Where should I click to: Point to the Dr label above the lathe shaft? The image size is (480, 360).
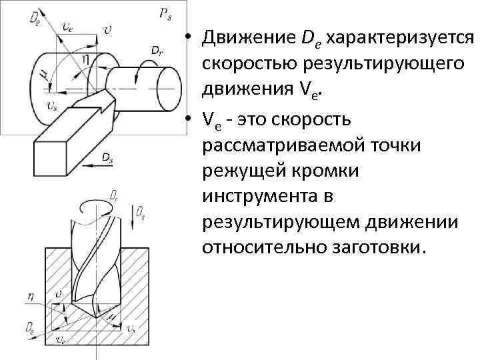click(156, 50)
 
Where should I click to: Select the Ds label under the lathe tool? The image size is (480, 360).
click(107, 156)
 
